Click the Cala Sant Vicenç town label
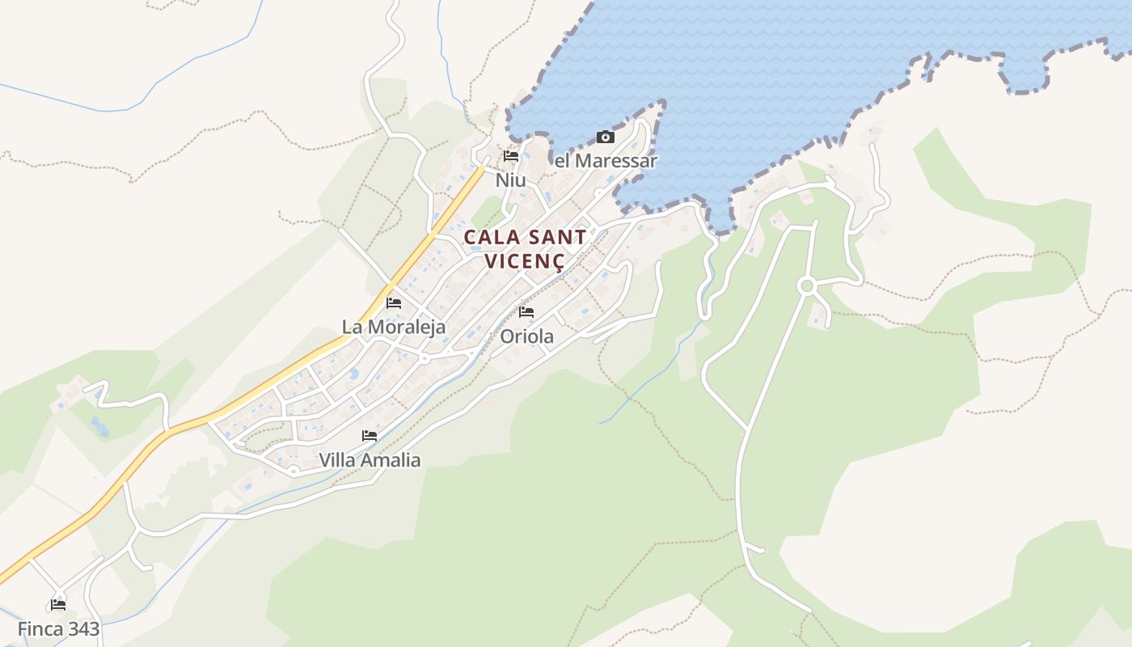[526, 249]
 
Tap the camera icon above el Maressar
[605, 137]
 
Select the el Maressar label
[606, 161]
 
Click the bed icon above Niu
[510, 156]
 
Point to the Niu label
[510, 180]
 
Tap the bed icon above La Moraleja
[394, 303]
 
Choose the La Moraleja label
[394, 327]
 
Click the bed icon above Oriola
[526, 312]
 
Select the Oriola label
[527, 336]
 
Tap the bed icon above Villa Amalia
[370, 436]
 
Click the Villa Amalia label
[370, 460]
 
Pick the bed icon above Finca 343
[58, 604]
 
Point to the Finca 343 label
[58, 628]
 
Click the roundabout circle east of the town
[805, 285]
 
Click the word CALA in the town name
[490, 238]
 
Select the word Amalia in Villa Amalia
[391, 460]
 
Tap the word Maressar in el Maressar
[616, 161]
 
